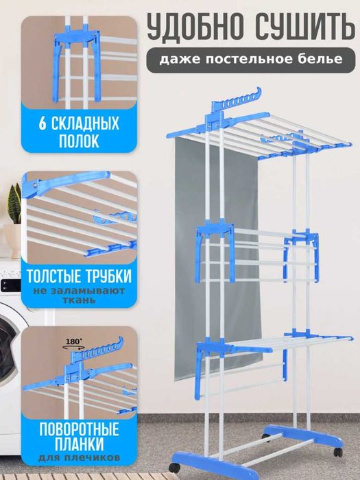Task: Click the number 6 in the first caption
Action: click(43, 125)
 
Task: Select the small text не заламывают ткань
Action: click(76, 300)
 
